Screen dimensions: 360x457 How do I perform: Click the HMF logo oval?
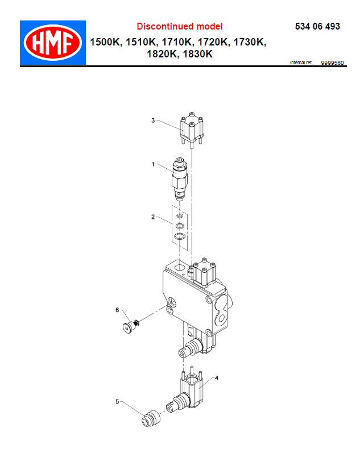(53, 43)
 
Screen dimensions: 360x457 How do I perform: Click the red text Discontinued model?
(180, 27)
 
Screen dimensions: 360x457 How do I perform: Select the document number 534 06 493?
(317, 27)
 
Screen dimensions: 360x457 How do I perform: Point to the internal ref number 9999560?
(332, 63)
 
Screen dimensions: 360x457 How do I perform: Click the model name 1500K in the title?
(105, 42)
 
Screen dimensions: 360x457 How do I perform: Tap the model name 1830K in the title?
(198, 54)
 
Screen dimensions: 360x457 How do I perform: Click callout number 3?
(153, 121)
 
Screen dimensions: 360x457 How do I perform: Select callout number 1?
(153, 164)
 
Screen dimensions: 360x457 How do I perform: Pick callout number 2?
(153, 217)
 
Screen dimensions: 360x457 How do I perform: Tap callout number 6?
(117, 310)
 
